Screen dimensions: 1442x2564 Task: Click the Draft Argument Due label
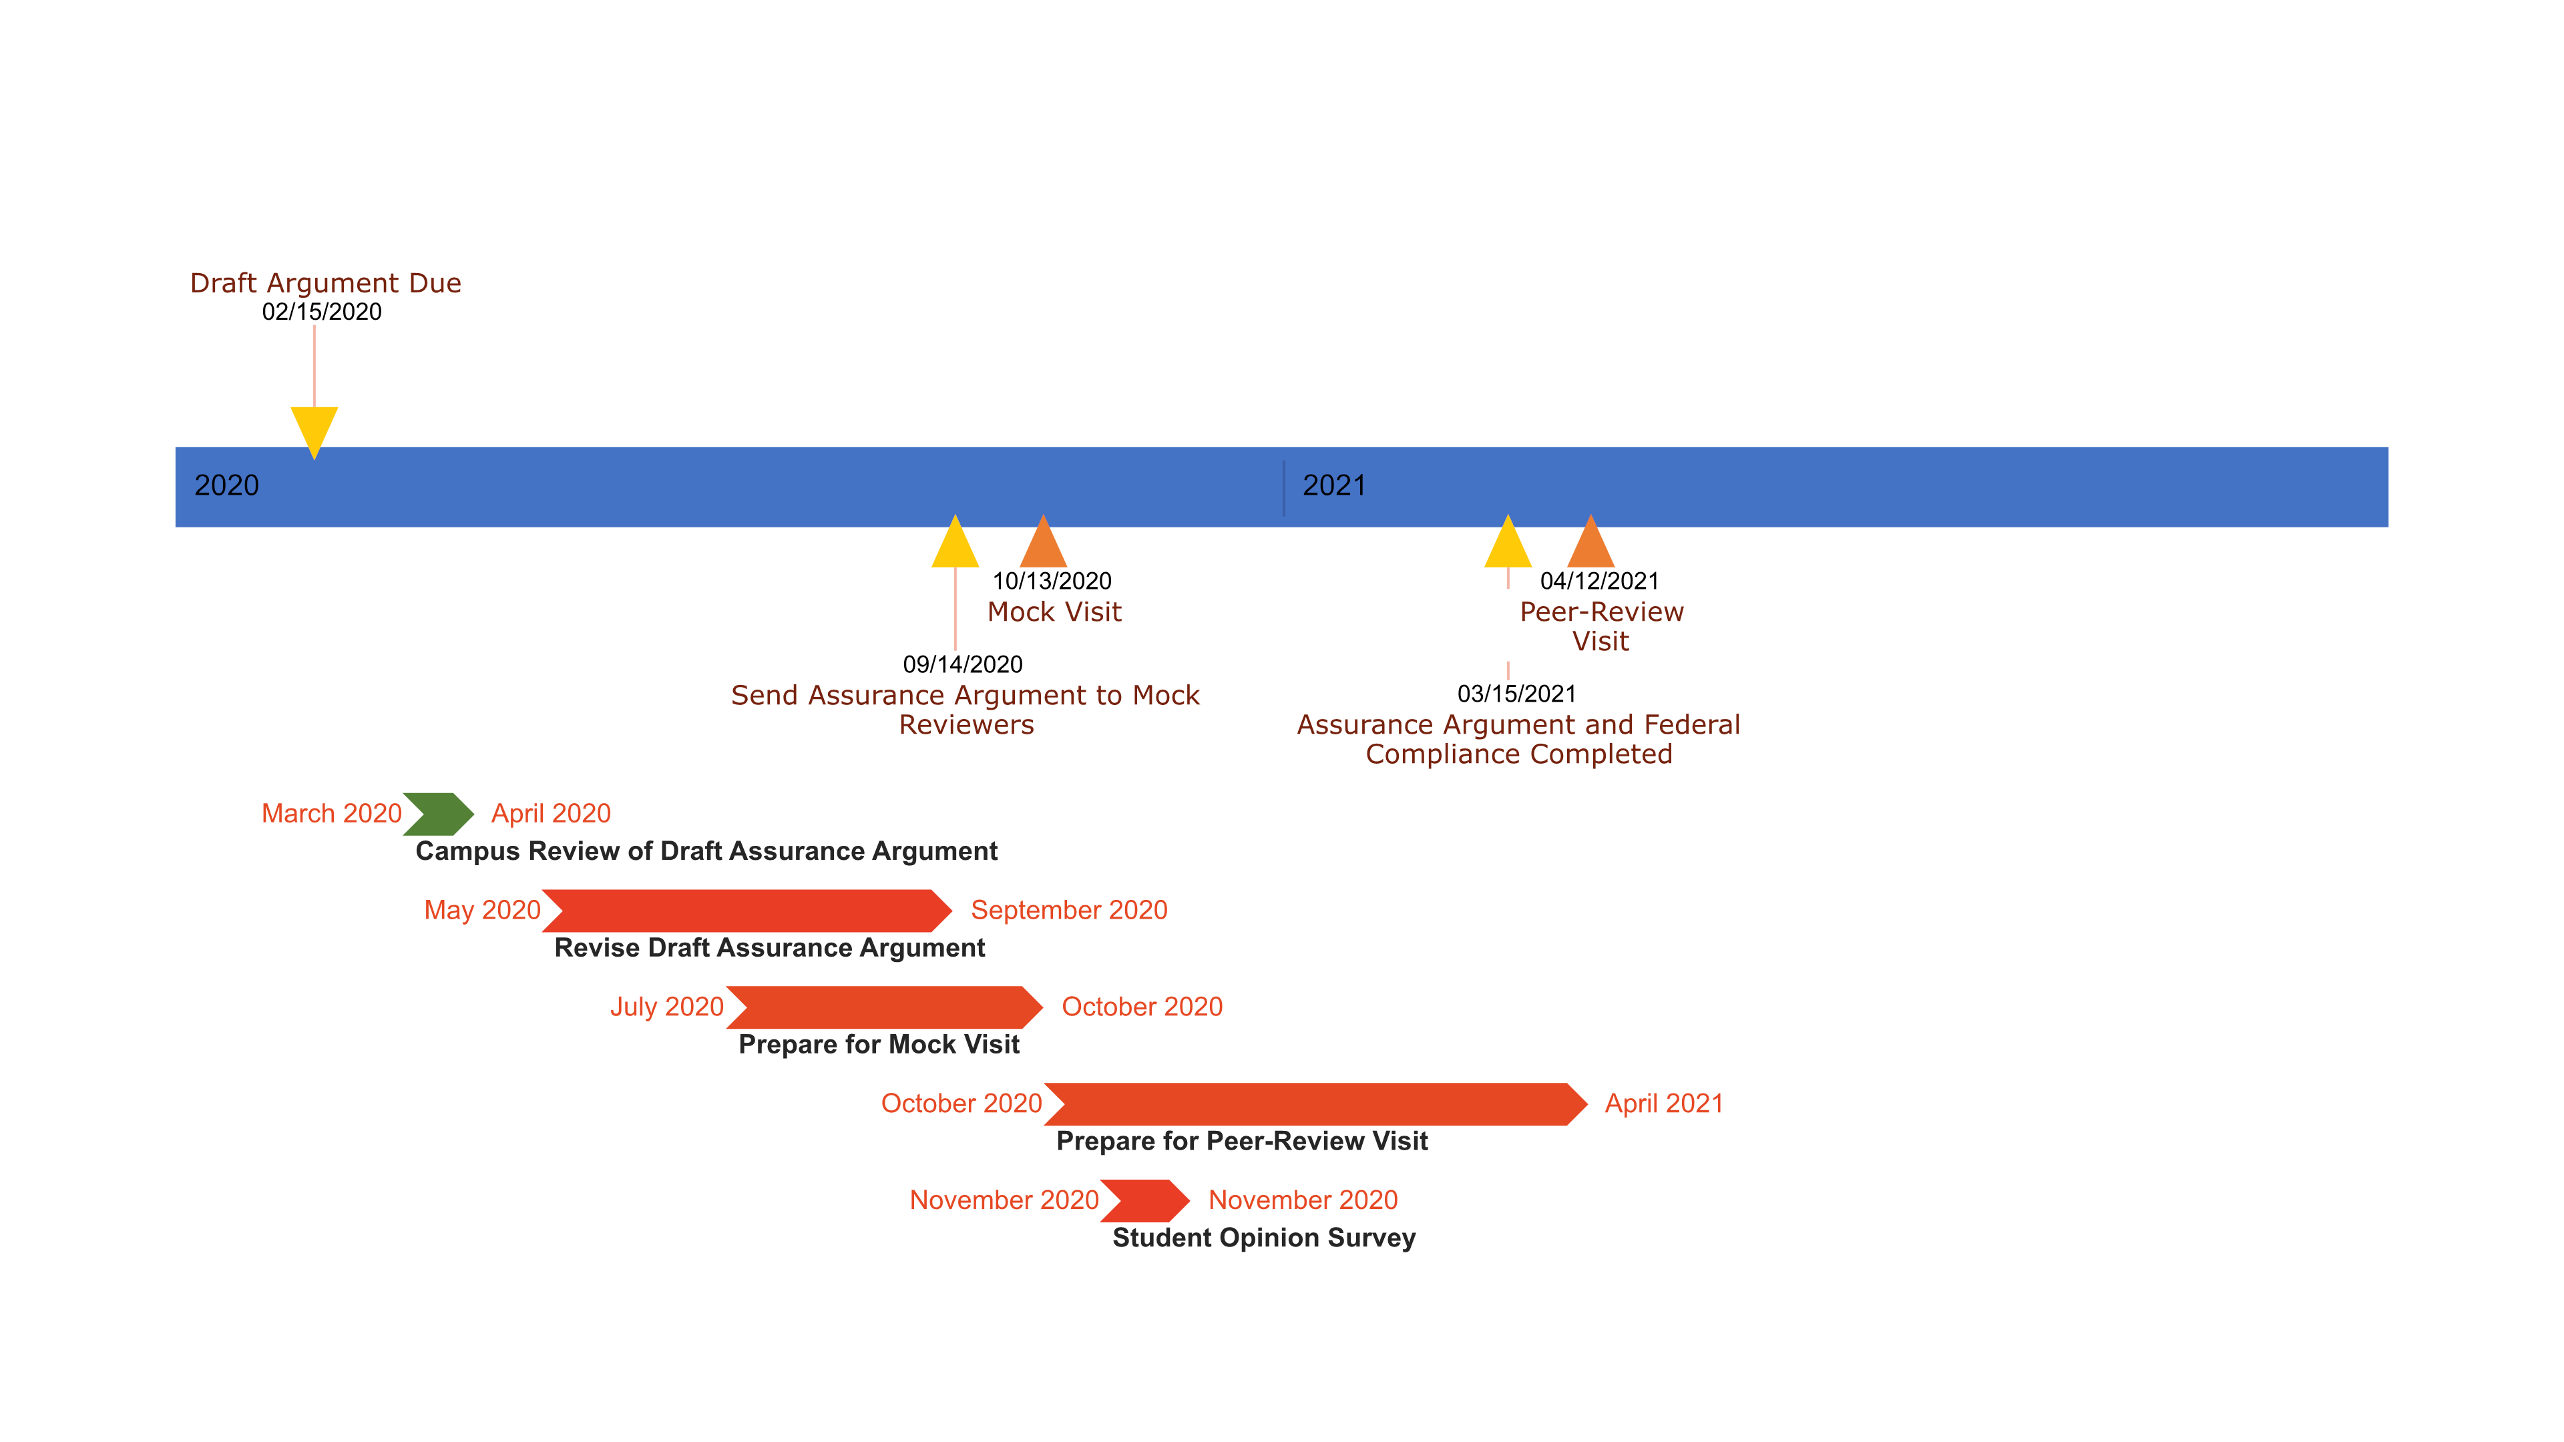325,284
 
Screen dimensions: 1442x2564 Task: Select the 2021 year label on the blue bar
1334,485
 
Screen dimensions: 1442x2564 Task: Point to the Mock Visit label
1054,612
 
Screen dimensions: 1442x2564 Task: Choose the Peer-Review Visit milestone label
1600,626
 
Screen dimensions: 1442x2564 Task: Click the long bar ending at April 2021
1314,1103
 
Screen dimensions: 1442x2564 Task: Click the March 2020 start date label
331,813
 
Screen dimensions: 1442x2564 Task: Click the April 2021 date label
1663,1103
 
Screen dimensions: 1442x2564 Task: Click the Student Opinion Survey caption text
1263,1237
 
